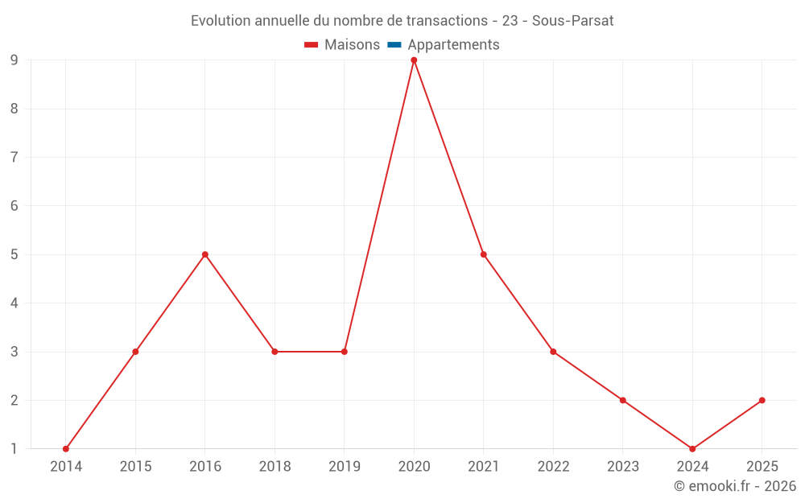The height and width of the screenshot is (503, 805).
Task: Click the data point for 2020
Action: point(414,60)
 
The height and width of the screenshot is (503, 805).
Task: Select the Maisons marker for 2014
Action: point(66,449)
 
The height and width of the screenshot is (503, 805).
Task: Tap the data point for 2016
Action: point(205,254)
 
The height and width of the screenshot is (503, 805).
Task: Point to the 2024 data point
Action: point(692,449)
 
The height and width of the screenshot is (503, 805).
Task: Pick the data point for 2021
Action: point(484,254)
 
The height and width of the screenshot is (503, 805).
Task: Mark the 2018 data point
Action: point(275,352)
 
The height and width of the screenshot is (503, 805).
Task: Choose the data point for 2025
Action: point(762,400)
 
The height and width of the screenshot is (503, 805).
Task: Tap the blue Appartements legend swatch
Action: point(394,45)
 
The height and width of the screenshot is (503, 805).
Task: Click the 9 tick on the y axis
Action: point(14,60)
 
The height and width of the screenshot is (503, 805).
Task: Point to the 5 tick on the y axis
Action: point(14,254)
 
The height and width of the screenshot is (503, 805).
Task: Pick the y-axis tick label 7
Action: point(14,157)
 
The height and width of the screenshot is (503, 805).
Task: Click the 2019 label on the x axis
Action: point(345,467)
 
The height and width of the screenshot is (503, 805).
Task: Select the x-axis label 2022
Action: point(553,467)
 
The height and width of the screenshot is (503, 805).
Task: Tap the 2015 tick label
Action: point(135,467)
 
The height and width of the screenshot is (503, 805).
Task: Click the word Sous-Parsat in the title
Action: point(573,21)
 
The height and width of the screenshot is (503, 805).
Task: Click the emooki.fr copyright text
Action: point(735,486)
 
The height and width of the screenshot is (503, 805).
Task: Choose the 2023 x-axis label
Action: point(623,467)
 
